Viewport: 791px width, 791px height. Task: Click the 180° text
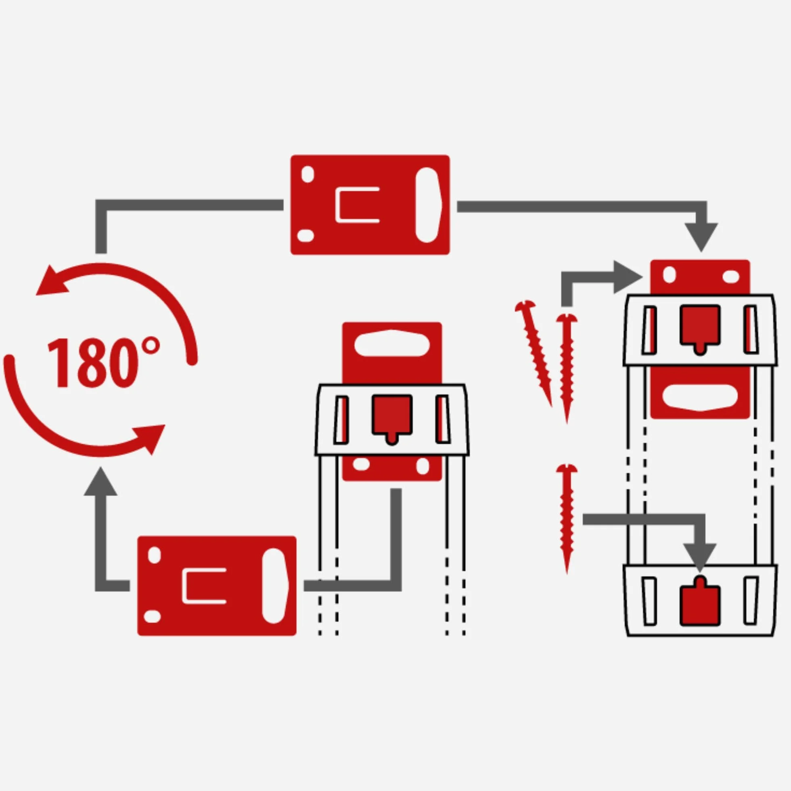click(x=103, y=362)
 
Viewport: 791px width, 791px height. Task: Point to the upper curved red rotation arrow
click(x=123, y=287)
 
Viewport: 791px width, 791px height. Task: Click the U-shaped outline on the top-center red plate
click(x=357, y=205)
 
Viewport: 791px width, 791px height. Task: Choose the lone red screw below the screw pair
click(x=567, y=519)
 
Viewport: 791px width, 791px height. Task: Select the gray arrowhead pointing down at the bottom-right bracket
click(x=700, y=558)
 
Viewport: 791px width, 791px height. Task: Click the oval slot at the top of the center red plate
click(x=392, y=343)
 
